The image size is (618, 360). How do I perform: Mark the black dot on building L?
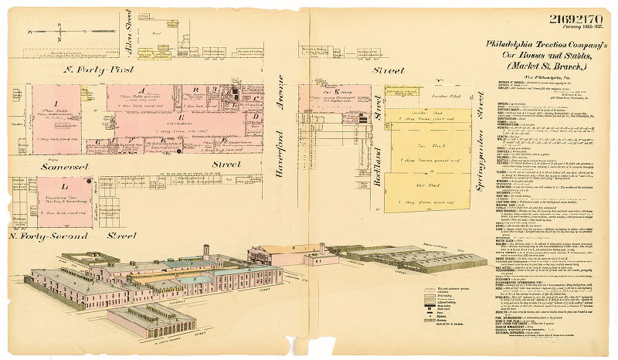pyautogui.click(x=90, y=182)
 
